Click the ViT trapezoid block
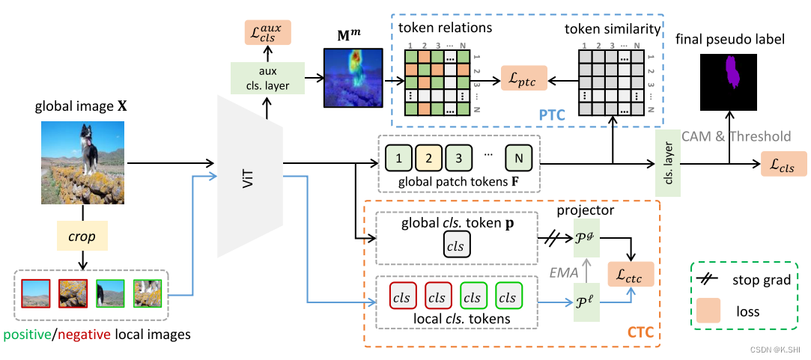coord(250,176)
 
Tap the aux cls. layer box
coord(267,78)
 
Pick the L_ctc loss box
coord(631,274)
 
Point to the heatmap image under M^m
coord(353,78)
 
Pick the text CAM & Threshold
coord(737,136)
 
